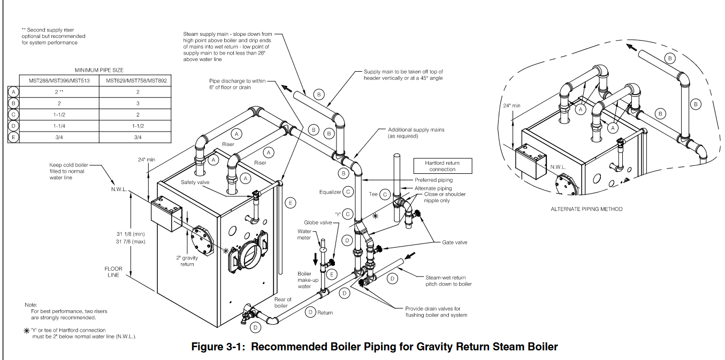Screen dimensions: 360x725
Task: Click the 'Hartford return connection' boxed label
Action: [x=442, y=166]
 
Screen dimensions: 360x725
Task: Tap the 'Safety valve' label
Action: [x=195, y=182]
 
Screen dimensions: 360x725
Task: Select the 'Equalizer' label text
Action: [x=330, y=192]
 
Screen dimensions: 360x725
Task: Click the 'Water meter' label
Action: [x=304, y=235]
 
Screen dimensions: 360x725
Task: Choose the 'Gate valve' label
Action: [x=454, y=242]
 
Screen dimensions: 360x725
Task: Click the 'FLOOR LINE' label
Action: [x=113, y=272]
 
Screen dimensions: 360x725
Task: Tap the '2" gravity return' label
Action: [x=187, y=261]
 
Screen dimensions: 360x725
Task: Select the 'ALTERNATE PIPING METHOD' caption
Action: [x=586, y=209]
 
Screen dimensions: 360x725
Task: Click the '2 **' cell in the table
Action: [x=58, y=91]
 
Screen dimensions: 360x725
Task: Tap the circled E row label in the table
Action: [x=14, y=137]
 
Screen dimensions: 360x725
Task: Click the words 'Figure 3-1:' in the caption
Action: [x=219, y=347]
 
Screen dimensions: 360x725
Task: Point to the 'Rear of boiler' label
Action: [x=283, y=303]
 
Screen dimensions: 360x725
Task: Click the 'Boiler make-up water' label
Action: [x=304, y=280]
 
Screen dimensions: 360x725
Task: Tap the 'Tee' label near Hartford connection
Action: [x=373, y=195]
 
